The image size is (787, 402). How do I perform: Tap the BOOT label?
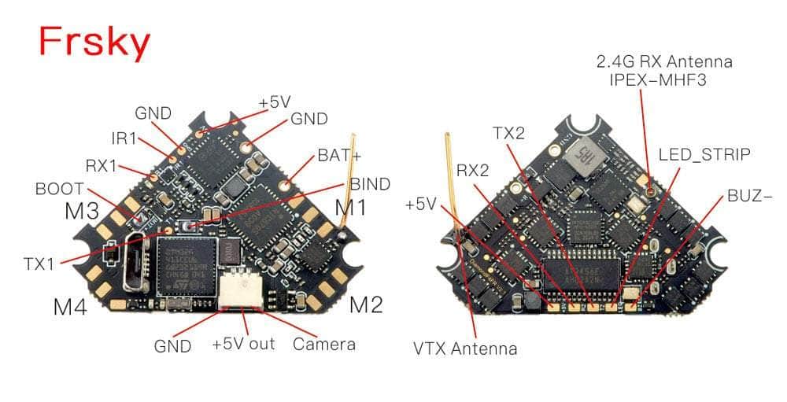60,190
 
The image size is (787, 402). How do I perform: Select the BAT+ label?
339,155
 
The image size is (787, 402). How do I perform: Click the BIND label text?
369,184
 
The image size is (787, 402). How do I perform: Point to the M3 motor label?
82,212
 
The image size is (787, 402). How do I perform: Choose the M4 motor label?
69,307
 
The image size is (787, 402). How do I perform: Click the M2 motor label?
366,304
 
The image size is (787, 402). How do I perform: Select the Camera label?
323,344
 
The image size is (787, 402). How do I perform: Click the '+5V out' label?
243,345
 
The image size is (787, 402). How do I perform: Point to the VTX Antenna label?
465,348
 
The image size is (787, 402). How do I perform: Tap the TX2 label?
508,133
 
